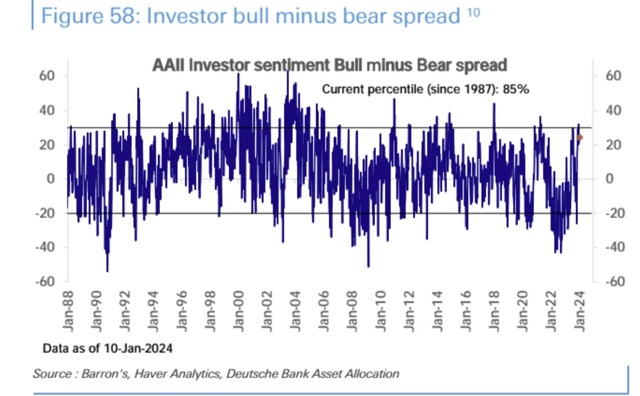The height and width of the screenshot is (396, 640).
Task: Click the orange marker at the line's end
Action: tap(580, 137)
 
